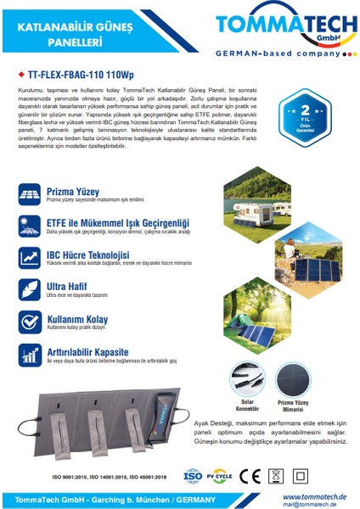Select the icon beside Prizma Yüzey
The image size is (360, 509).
(29, 194)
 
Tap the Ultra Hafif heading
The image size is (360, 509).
(68, 286)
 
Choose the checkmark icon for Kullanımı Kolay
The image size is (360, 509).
(29, 322)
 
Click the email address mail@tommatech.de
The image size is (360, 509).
(314, 504)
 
